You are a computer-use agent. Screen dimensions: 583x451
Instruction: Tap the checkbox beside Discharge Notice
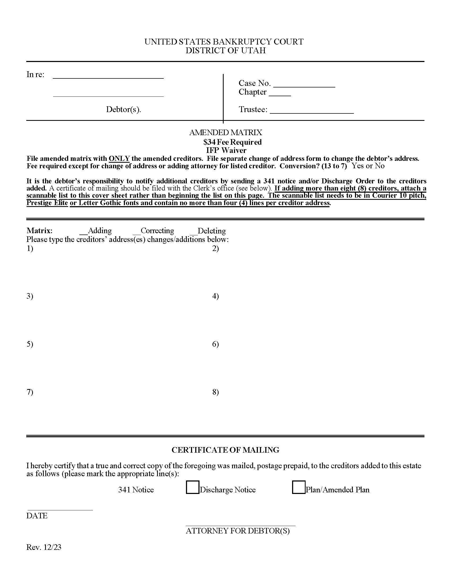(192, 487)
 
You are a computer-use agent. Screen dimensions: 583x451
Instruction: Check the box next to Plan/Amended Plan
(298, 487)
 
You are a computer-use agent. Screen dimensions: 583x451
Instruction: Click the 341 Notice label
(136, 490)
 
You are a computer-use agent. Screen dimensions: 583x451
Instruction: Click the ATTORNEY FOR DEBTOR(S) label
(237, 531)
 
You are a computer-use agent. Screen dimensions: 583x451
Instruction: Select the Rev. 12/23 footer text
(44, 547)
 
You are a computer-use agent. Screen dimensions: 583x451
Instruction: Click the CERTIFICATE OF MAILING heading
(225, 450)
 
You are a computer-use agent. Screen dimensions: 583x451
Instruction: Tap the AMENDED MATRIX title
(226, 132)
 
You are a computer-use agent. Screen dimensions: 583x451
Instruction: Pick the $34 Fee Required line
(232, 142)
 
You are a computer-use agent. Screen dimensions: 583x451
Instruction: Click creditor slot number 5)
(30, 344)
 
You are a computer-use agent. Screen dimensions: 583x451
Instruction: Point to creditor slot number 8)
(215, 392)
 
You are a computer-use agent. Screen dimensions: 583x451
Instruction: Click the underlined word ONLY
(119, 158)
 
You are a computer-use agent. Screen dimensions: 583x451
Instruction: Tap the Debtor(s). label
(123, 109)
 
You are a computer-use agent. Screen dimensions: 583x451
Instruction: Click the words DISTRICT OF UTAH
(226, 50)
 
